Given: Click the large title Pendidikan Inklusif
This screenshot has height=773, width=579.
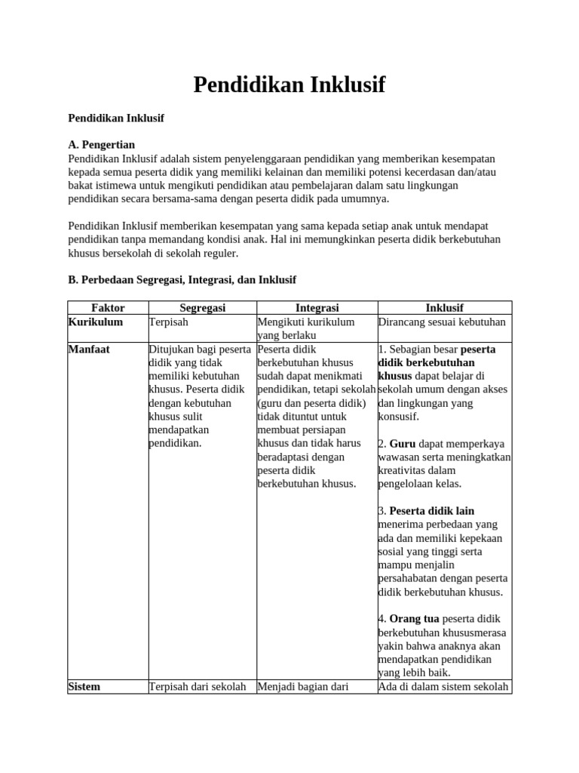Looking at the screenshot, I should click(289, 85).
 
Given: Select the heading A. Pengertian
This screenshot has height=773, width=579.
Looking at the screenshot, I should click(102, 144).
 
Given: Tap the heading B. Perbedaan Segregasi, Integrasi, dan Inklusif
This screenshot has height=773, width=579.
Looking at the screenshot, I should click(182, 279).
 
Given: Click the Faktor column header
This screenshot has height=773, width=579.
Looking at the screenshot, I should click(108, 308).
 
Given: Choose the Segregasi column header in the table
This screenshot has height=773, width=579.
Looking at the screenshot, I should click(202, 308).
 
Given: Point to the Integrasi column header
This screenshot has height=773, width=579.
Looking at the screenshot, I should click(317, 308).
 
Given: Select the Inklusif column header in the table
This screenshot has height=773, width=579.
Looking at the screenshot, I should click(444, 308).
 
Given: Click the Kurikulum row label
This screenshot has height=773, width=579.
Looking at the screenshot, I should click(95, 322).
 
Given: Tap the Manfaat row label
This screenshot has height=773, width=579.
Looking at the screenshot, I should click(89, 350).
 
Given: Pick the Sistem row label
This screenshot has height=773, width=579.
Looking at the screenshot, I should click(84, 687).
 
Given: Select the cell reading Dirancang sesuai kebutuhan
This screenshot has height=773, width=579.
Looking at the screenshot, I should click(442, 322).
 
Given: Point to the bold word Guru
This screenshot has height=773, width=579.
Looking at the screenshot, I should click(403, 444).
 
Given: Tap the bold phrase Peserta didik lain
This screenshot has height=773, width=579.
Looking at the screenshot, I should click(431, 511).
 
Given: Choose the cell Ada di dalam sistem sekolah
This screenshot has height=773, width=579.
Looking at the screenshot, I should click(443, 687).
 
